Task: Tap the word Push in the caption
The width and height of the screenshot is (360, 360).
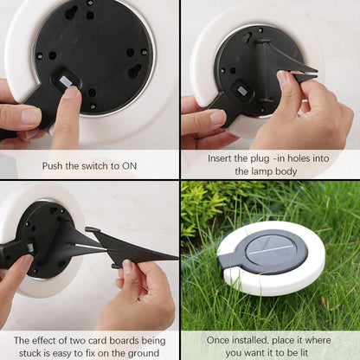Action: (54, 165)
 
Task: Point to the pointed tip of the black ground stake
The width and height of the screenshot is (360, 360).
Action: (177, 256)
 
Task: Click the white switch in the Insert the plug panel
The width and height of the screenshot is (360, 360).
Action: (241, 89)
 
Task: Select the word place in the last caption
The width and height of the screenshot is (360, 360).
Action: (289, 340)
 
